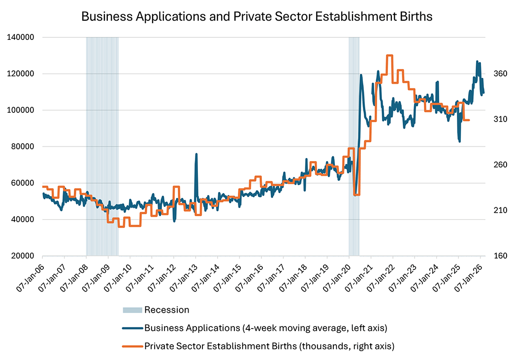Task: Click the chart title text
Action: [x=257, y=16]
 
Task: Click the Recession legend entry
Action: [x=166, y=310]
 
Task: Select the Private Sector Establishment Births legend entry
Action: [x=269, y=346]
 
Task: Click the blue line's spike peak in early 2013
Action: [x=196, y=154]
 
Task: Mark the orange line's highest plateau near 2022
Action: [x=389, y=56]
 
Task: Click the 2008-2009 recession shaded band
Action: [x=102, y=148]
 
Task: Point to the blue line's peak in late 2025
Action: [x=477, y=62]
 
